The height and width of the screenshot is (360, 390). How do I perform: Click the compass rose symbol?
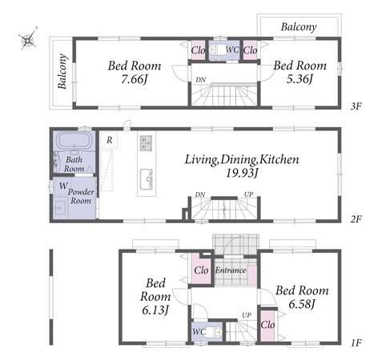28,39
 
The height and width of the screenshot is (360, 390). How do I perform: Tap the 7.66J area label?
135,79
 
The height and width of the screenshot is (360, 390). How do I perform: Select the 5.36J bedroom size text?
300,78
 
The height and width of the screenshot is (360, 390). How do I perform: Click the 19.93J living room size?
242,174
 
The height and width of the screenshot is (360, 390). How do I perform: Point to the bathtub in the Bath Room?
74,141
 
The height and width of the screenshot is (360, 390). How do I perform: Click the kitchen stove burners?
146,143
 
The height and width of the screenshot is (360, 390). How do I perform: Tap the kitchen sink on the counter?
147,179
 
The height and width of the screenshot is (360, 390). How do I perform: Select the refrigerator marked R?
108,140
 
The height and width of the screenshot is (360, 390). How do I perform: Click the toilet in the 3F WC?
216,50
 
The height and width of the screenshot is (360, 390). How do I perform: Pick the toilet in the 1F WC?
215,332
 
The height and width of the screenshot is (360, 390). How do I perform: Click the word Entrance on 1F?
231,270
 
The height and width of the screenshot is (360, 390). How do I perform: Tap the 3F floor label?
356,106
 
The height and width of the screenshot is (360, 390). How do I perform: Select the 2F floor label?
356,219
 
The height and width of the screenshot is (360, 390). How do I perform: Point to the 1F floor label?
356,342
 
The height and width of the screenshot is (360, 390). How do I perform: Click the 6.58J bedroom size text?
302,304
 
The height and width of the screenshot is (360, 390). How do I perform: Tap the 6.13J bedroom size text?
155,310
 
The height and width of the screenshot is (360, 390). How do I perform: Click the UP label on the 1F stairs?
247,315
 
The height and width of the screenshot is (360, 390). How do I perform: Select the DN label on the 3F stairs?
201,80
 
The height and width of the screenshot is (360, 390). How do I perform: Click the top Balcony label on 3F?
299,27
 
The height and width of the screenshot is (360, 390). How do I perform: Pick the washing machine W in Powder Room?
63,186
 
